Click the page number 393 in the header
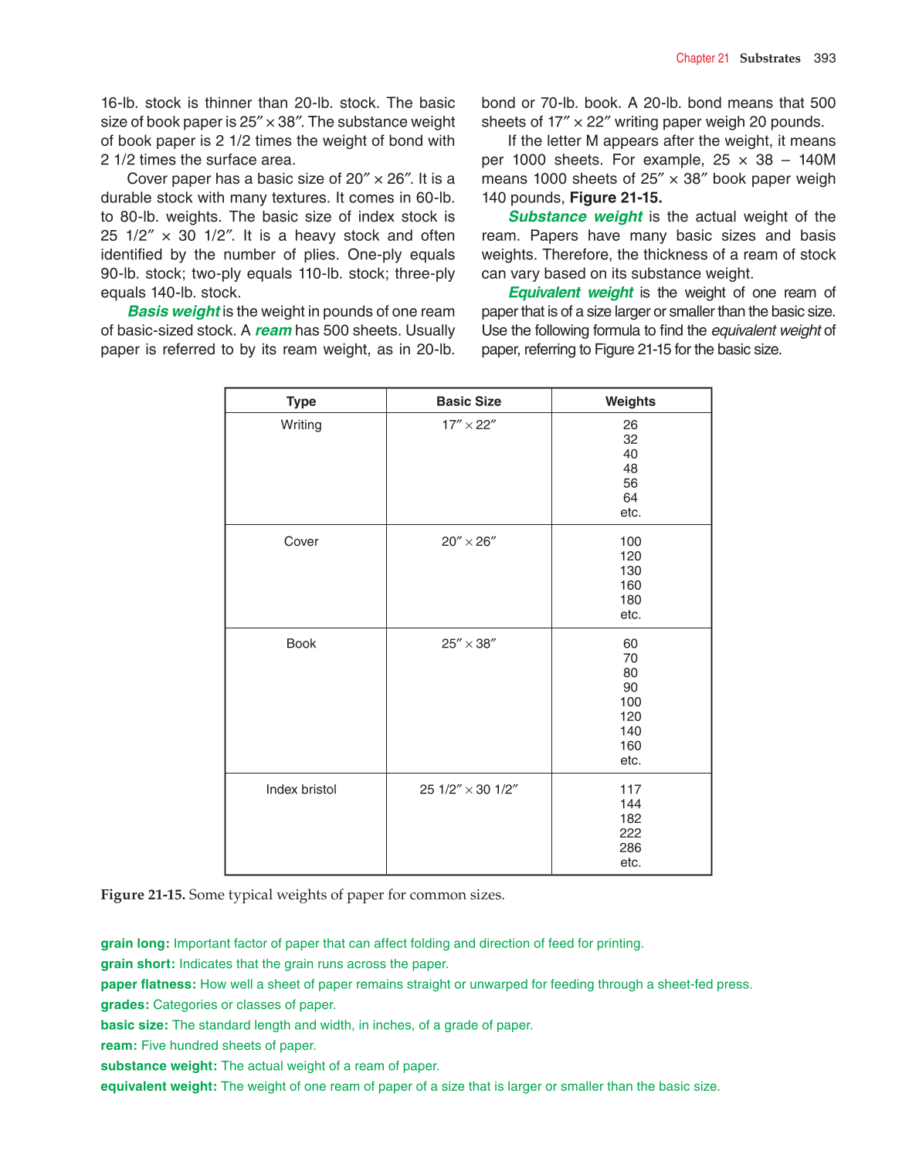click(x=824, y=58)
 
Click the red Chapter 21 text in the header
click(x=702, y=58)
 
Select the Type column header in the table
click(x=301, y=401)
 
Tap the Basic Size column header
click(x=468, y=401)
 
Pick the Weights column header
click(x=630, y=401)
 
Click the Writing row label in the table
click(x=301, y=425)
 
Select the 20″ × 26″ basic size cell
click(x=468, y=541)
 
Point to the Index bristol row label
click(x=301, y=789)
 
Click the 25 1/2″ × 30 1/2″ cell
click(x=468, y=789)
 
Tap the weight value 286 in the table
click(x=630, y=848)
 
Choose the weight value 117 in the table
click(x=630, y=789)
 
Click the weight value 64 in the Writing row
click(x=630, y=498)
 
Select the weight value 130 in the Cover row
click(x=630, y=570)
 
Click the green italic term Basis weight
click(x=174, y=311)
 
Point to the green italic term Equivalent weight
click(x=571, y=293)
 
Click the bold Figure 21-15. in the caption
click(x=143, y=895)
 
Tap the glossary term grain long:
click(x=134, y=943)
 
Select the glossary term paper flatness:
click(x=148, y=984)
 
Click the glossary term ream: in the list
click(x=119, y=1045)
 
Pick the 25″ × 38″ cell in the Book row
click(x=468, y=644)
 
